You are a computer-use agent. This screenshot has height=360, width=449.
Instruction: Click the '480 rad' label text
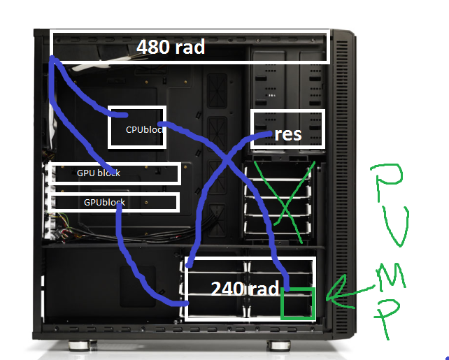point(171,47)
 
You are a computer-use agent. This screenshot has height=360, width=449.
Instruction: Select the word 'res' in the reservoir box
point(287,134)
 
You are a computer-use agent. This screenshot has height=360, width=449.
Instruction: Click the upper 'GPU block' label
point(99,173)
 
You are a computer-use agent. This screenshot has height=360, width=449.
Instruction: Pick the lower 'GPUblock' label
point(104,202)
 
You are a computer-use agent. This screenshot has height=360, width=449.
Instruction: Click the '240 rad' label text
point(245,289)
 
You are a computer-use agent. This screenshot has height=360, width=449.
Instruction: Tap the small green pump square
point(298,303)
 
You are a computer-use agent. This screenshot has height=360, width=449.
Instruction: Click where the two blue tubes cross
point(227,159)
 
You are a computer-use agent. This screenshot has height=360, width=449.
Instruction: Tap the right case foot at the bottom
point(279,345)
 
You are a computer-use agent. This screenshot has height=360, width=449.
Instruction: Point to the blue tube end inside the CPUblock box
point(125,115)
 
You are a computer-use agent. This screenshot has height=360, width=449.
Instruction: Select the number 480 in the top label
point(153,47)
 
